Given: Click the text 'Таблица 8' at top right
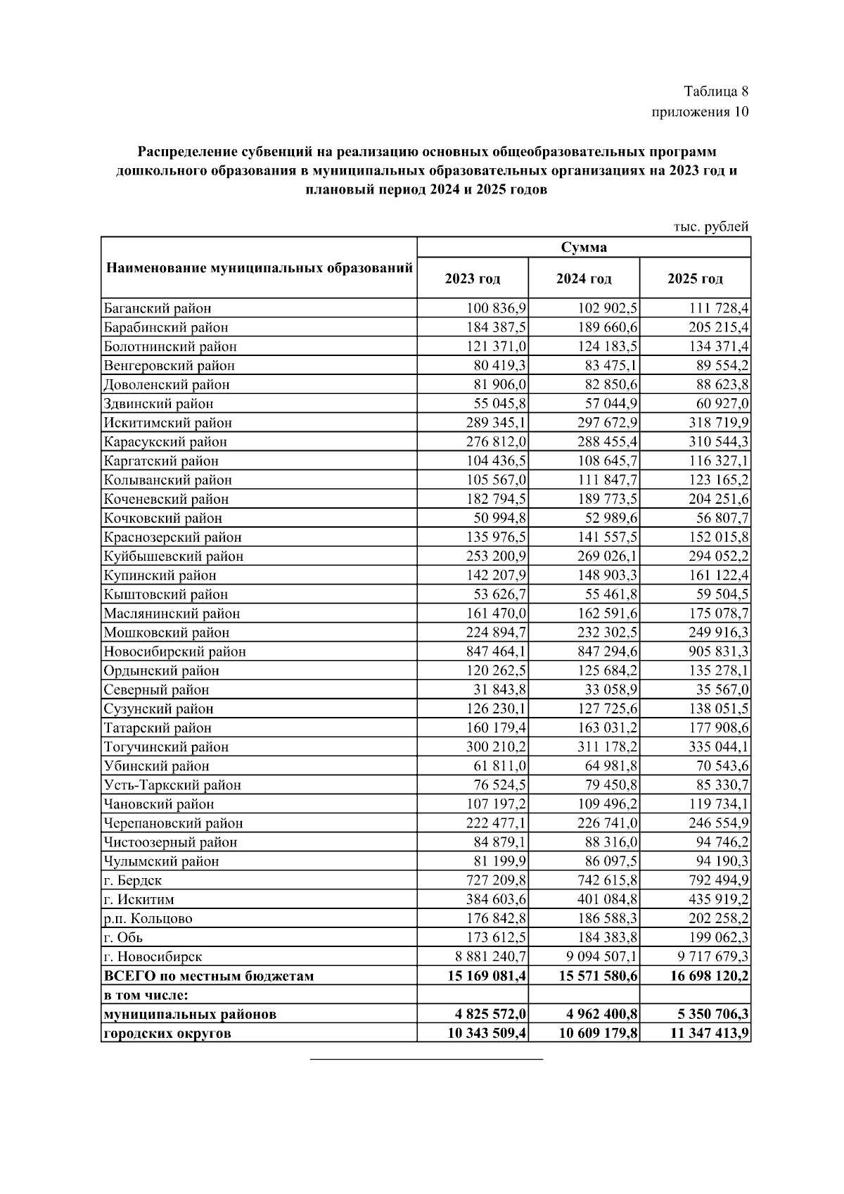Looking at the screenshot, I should (x=715, y=91).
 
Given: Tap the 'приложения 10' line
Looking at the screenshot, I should (x=700, y=111).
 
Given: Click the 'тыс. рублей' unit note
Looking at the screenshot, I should (x=711, y=227).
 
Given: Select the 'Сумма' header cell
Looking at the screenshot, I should (x=583, y=248).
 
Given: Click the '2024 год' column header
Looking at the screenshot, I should (x=583, y=279).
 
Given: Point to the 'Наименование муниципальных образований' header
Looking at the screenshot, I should (x=259, y=268).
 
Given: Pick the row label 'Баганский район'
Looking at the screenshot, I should (x=157, y=308).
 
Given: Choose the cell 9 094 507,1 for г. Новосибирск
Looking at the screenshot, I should (x=597, y=956).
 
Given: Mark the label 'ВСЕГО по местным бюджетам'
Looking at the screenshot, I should (x=209, y=976).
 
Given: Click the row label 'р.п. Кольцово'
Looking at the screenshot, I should (x=148, y=918).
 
